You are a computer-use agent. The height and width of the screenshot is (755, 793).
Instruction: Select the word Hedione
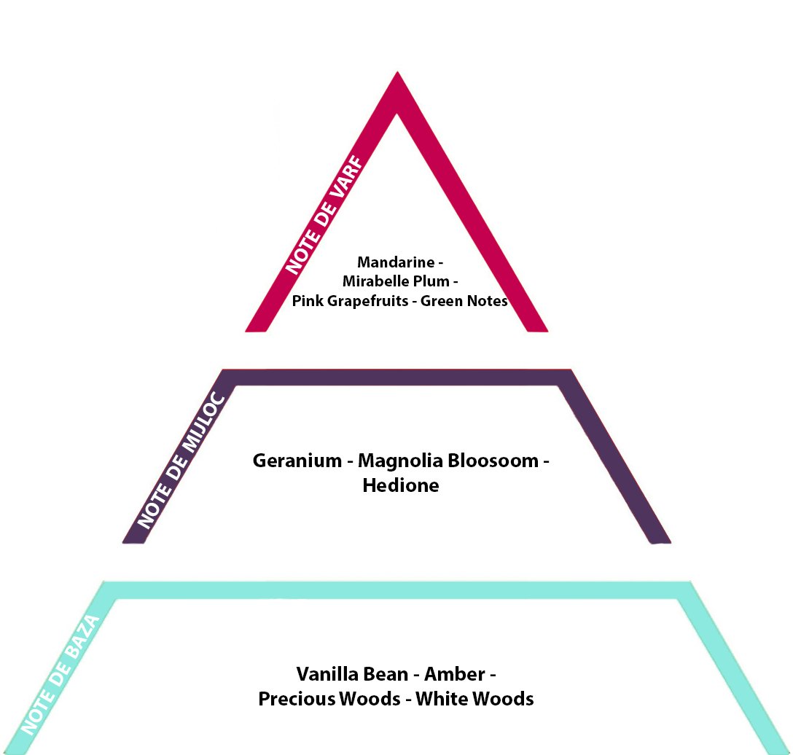click(401, 485)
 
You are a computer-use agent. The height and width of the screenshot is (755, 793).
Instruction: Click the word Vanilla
click(325, 673)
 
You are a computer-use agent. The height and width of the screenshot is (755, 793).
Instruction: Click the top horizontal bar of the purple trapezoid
click(397, 377)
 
